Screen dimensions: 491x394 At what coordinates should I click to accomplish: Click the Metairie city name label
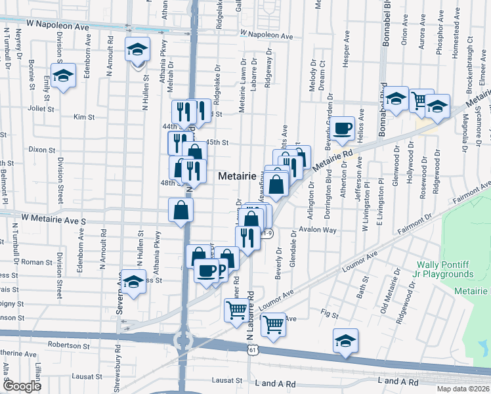(237, 177)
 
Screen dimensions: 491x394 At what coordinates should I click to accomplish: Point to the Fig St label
(329, 314)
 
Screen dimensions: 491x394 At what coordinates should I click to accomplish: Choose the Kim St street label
(84, 117)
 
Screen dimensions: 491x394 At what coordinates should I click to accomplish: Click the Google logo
(22, 386)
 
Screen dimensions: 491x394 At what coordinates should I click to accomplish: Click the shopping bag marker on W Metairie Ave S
(181, 211)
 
